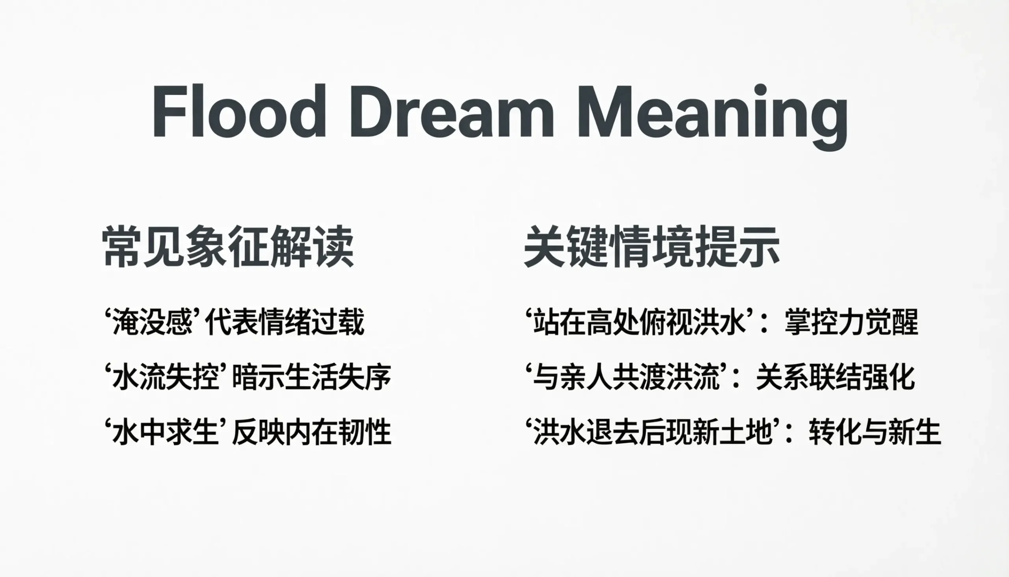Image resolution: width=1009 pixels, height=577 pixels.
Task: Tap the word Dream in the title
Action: click(x=452, y=111)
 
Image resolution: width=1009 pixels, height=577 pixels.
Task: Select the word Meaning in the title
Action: click(x=712, y=117)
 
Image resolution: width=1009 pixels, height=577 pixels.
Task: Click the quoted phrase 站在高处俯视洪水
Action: click(x=639, y=322)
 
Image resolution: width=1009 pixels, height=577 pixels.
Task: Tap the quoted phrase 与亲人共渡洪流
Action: click(x=626, y=377)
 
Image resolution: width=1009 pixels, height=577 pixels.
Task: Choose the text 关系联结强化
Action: click(x=835, y=377)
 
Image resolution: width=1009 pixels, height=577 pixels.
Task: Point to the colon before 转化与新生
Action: click(x=789, y=433)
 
